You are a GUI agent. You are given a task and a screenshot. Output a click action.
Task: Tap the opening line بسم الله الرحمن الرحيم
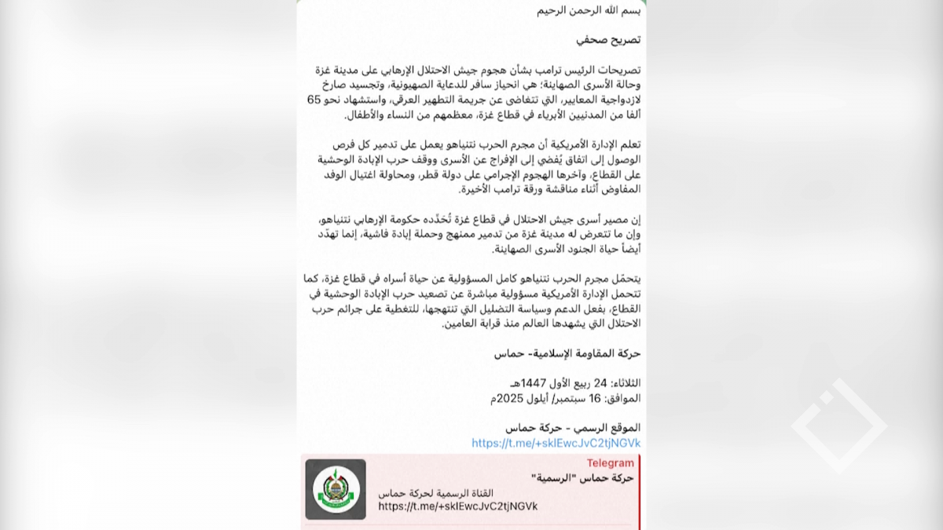(x=589, y=10)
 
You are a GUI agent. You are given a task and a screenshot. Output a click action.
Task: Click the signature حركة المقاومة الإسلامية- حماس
(x=567, y=353)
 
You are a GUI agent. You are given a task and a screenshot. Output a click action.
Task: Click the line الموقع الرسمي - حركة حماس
(x=573, y=427)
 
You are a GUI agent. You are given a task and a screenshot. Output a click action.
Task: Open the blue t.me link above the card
(x=556, y=443)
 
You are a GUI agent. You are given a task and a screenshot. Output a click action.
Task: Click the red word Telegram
(x=610, y=463)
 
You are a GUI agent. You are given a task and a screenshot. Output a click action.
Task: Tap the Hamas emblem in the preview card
(x=336, y=489)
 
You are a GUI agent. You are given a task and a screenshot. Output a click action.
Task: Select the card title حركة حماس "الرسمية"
(x=582, y=477)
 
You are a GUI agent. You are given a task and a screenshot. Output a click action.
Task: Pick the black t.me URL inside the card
(x=457, y=506)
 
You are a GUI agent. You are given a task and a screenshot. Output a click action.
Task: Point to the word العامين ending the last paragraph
(x=458, y=323)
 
